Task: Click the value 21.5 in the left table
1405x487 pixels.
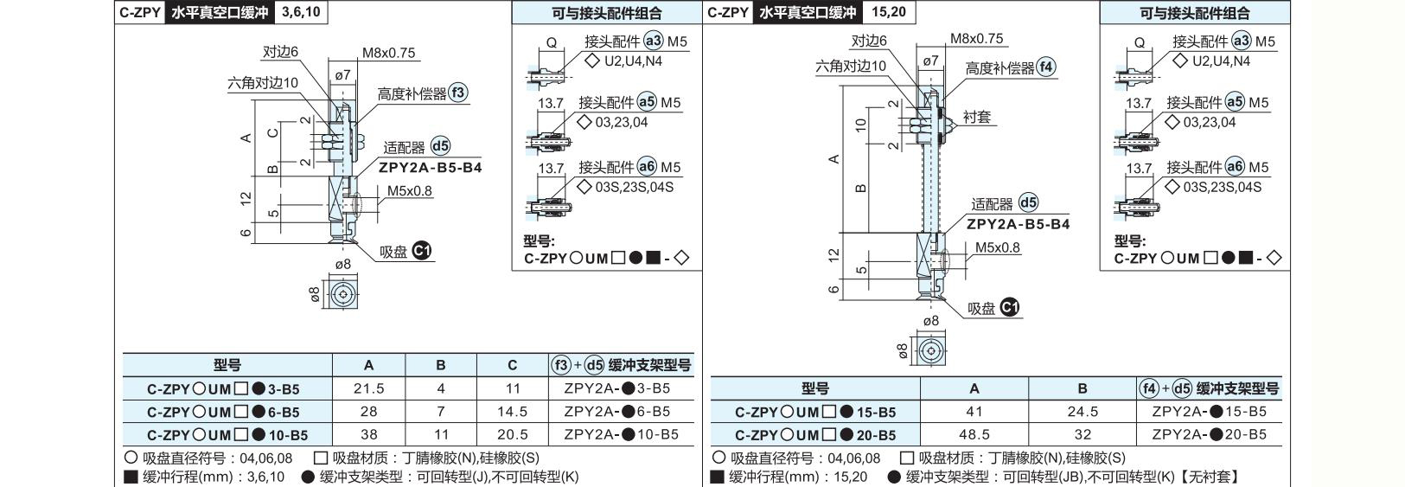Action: (369, 388)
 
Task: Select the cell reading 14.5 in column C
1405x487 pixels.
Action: (513, 412)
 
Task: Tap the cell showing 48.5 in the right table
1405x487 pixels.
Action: (974, 434)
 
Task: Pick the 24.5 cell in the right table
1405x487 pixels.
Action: (1082, 412)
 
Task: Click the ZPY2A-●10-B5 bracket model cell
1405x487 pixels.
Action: (621, 434)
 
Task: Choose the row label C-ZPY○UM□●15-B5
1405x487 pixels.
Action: (815, 412)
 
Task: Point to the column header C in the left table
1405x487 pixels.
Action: (513, 365)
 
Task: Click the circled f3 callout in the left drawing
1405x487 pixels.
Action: (458, 93)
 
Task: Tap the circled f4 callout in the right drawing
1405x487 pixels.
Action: (1046, 67)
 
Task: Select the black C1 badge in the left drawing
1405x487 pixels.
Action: (422, 251)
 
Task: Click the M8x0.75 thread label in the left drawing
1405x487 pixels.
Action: (388, 53)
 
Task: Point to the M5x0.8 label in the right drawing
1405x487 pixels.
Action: (997, 247)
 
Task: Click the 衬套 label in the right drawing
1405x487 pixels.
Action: (977, 117)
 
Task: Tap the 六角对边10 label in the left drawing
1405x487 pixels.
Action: (263, 83)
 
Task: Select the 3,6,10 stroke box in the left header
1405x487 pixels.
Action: (301, 12)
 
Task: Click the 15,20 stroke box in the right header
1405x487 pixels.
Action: (889, 12)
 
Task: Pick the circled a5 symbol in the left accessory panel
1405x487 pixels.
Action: (647, 102)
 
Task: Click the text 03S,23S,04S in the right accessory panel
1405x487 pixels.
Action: (1223, 187)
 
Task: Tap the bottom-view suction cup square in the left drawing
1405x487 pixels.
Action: (342, 293)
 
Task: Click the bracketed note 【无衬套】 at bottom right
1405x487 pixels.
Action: (1210, 477)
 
